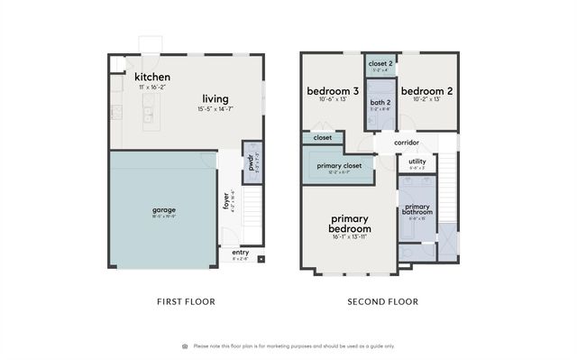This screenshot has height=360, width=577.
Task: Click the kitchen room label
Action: (x=153, y=78)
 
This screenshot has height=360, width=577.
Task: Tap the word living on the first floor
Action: (x=215, y=98)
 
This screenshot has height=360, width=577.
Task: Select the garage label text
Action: (x=163, y=210)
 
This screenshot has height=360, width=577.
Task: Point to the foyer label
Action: (x=226, y=200)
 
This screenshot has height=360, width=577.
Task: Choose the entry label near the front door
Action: (x=240, y=254)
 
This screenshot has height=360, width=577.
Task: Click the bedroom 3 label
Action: (x=333, y=91)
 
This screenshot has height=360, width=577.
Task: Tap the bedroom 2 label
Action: (x=426, y=91)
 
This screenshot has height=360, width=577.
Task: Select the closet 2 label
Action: (x=380, y=63)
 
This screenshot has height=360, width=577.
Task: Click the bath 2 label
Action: (x=380, y=102)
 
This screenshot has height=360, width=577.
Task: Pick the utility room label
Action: (x=417, y=162)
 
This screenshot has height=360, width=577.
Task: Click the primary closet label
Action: (x=340, y=166)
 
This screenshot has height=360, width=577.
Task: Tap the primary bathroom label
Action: (x=417, y=209)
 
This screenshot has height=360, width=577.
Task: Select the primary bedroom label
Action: (x=350, y=224)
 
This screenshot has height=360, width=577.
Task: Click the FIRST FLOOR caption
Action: (x=188, y=301)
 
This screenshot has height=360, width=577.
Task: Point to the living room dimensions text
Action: (x=215, y=109)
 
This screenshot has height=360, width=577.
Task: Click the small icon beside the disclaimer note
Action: (x=185, y=346)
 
